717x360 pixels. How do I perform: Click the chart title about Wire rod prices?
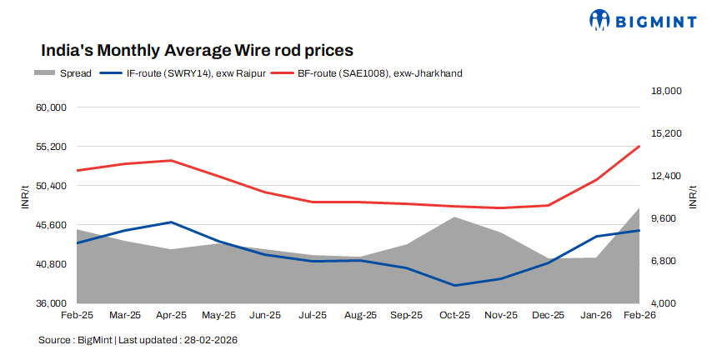(197, 51)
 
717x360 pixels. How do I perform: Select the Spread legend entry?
(58, 73)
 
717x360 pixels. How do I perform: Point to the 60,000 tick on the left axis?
(51, 107)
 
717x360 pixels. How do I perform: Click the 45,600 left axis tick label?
(51, 225)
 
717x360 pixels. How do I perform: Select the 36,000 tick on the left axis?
(51, 302)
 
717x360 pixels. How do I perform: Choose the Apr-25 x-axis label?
(171, 316)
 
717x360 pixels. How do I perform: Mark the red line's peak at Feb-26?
(639, 147)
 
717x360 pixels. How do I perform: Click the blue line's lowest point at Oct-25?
(454, 286)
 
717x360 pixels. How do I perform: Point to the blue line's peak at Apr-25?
(172, 222)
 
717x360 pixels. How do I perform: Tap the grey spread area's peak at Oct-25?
(454, 217)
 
